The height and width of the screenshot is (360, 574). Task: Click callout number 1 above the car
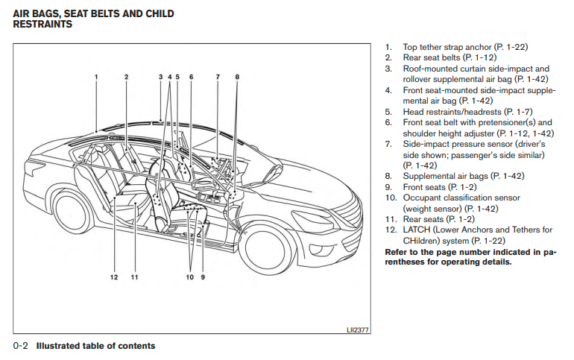click(x=96, y=77)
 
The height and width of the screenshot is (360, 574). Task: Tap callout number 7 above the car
click(x=218, y=77)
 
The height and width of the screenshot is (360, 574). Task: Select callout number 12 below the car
click(x=115, y=277)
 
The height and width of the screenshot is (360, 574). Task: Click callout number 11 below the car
click(x=135, y=277)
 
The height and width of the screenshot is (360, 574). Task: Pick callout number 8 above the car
click(x=237, y=77)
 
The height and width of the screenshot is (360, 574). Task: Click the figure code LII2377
click(x=358, y=329)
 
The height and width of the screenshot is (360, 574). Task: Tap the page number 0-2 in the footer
click(x=21, y=346)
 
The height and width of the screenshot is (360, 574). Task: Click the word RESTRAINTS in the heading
click(x=42, y=25)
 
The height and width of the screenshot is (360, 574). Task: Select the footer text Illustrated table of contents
click(x=96, y=346)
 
